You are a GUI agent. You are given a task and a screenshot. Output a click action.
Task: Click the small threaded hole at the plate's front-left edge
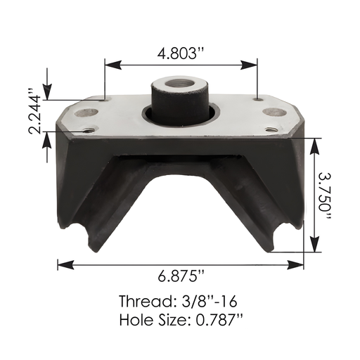89,129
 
